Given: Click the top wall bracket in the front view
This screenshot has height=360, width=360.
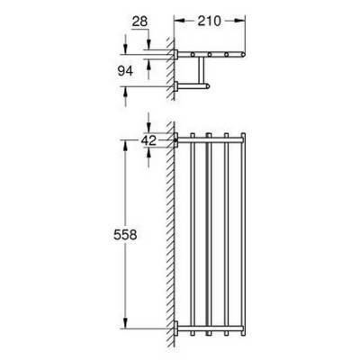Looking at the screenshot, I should (179, 139).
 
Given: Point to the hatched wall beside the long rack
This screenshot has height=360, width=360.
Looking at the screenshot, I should (169, 234).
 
